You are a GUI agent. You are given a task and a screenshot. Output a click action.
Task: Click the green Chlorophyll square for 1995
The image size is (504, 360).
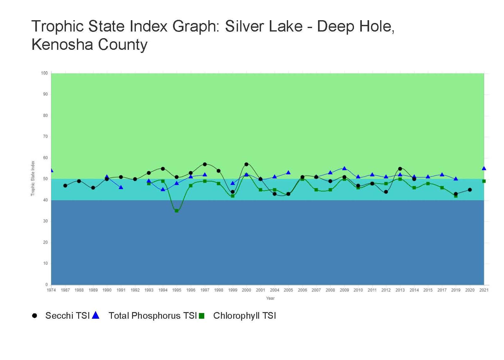point(177,211)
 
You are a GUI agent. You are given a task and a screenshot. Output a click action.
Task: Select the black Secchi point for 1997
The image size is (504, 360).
point(205,164)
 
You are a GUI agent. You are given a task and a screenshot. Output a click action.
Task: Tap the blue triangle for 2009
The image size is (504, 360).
point(344,168)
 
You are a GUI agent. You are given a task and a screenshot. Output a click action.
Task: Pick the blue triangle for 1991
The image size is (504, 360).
point(121,187)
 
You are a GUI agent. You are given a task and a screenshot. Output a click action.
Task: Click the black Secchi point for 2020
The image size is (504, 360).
point(470,190)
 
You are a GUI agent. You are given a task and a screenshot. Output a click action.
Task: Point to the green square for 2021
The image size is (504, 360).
point(484,181)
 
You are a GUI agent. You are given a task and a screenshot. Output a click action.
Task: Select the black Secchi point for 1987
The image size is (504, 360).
point(65,186)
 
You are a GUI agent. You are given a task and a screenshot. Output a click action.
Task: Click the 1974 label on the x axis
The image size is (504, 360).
point(51,290)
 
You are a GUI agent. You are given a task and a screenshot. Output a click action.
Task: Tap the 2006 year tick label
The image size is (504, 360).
point(302,290)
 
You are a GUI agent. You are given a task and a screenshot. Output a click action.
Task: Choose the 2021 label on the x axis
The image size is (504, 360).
point(484,290)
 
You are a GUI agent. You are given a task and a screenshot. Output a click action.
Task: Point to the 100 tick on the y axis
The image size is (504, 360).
point(44,73)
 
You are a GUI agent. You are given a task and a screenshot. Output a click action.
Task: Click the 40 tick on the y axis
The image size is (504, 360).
point(45,200)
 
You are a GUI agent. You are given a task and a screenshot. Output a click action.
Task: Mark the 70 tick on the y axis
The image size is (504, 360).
point(45,136)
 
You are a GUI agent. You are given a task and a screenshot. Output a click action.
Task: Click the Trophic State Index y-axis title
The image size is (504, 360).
point(33,178)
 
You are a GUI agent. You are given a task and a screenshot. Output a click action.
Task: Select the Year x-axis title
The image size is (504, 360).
point(270,298)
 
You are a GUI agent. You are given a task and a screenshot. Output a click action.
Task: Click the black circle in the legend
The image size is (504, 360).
point(35,316)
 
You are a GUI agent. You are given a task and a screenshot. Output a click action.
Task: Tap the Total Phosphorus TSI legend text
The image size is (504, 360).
point(153,316)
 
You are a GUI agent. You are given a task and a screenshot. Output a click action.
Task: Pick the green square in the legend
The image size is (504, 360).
point(202,316)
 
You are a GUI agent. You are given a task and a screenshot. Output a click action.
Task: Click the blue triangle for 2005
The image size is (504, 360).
point(288,173)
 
